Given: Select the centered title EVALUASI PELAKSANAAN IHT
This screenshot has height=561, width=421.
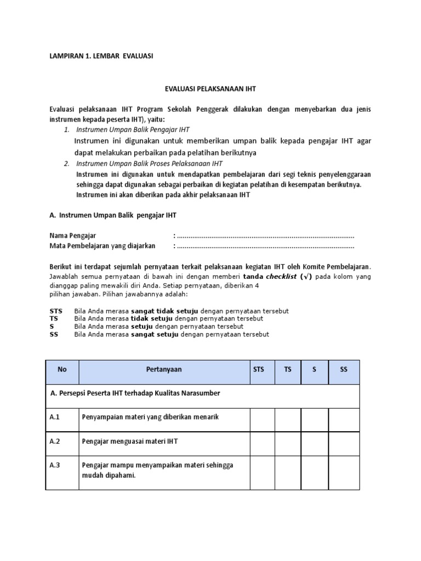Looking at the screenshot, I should (210, 88).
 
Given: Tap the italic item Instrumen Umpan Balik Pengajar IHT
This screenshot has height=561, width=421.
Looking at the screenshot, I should (133, 130).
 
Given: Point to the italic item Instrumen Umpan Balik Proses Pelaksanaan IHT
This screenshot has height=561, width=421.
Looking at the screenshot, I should (149, 163).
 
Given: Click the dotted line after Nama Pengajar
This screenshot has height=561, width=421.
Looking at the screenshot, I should (265, 236).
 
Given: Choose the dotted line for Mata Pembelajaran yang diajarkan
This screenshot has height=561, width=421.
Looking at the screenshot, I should (265, 246).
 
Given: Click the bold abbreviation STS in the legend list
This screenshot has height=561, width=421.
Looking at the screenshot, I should (55, 311).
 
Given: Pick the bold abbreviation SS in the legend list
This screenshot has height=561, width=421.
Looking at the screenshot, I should (54, 334).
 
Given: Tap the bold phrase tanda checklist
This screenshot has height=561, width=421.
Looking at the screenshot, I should (277, 277).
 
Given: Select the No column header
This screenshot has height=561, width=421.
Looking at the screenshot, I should (62, 370).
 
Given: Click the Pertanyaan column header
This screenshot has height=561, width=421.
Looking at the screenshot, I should (164, 370).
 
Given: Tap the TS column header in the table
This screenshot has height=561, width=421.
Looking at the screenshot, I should (287, 370).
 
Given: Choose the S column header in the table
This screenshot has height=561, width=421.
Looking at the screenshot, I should (314, 370).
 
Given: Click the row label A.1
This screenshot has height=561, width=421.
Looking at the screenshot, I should (55, 417).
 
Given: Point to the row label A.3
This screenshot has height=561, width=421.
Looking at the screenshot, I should (55, 466).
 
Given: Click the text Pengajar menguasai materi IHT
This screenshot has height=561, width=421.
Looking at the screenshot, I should (130, 442).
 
